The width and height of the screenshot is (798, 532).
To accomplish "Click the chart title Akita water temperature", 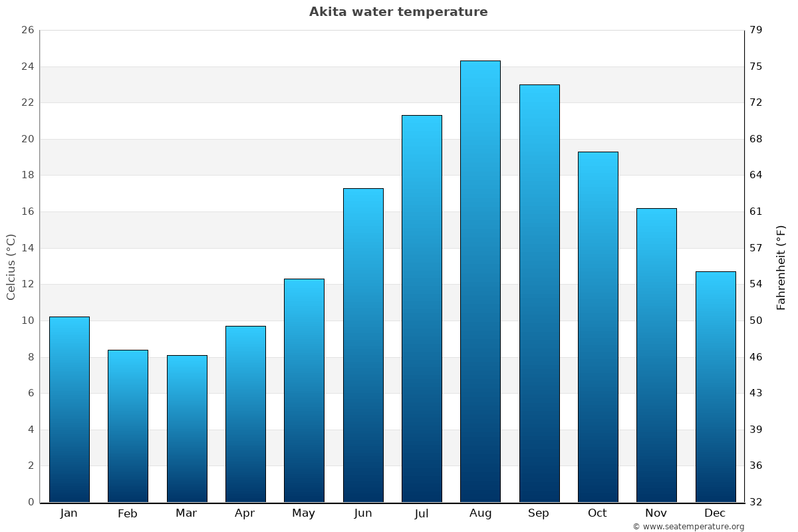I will point(398,12).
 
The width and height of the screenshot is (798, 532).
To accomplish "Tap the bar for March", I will point(187,429).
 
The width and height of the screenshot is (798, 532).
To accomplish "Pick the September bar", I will point(539,293).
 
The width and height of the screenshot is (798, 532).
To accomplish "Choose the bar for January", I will point(69,410).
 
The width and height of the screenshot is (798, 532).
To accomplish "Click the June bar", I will point(363,345).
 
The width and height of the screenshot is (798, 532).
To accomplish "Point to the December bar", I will point(716,387).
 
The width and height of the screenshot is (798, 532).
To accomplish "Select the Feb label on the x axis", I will point(127,513).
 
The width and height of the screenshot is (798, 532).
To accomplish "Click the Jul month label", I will point(421,513).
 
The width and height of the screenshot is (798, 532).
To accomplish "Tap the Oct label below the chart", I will point(597,513).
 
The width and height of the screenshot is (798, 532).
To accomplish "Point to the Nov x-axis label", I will point(656,513).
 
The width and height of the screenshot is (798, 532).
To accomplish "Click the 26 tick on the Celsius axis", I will point(27,31).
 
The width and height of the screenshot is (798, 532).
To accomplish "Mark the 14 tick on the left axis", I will point(27,248).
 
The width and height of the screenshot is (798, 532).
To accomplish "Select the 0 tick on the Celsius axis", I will point(31,502).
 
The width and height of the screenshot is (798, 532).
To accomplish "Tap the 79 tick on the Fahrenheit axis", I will point(756,31).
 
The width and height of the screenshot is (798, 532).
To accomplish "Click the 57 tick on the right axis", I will point(756,248).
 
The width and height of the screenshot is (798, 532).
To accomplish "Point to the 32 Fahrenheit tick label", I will point(756,502).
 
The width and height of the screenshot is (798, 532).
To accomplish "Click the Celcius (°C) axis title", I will point(11,267).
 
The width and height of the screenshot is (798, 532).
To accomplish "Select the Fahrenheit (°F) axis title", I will point(781,267).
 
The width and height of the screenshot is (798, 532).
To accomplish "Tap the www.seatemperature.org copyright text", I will point(688,527).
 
